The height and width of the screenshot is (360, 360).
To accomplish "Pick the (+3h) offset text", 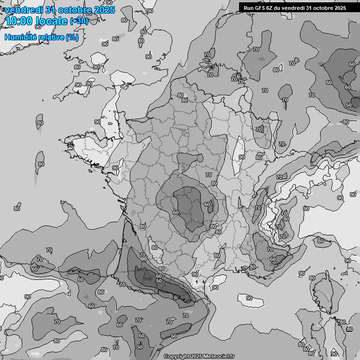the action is pyautogui.click(x=79, y=21).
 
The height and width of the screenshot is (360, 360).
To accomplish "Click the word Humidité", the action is pyautogui.click(x=22, y=37).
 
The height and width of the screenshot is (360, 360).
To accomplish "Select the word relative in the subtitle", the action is pyautogui.click(x=52, y=37).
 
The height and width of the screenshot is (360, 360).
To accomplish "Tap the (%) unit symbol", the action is pyautogui.click(x=72, y=37).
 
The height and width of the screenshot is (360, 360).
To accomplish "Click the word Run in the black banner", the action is pyautogui.click(x=248, y=8).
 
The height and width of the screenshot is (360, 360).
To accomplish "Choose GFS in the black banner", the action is pyautogui.click(x=260, y=8).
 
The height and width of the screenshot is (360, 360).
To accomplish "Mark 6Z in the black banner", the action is pyautogui.click(x=270, y=8).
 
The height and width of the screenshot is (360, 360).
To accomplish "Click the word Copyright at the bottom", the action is pyautogui.click(x=177, y=356).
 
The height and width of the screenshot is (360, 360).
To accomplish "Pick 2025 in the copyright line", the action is pyautogui.click(x=196, y=356).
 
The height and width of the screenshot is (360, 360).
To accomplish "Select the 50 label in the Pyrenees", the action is pyautogui.click(x=159, y=281).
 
